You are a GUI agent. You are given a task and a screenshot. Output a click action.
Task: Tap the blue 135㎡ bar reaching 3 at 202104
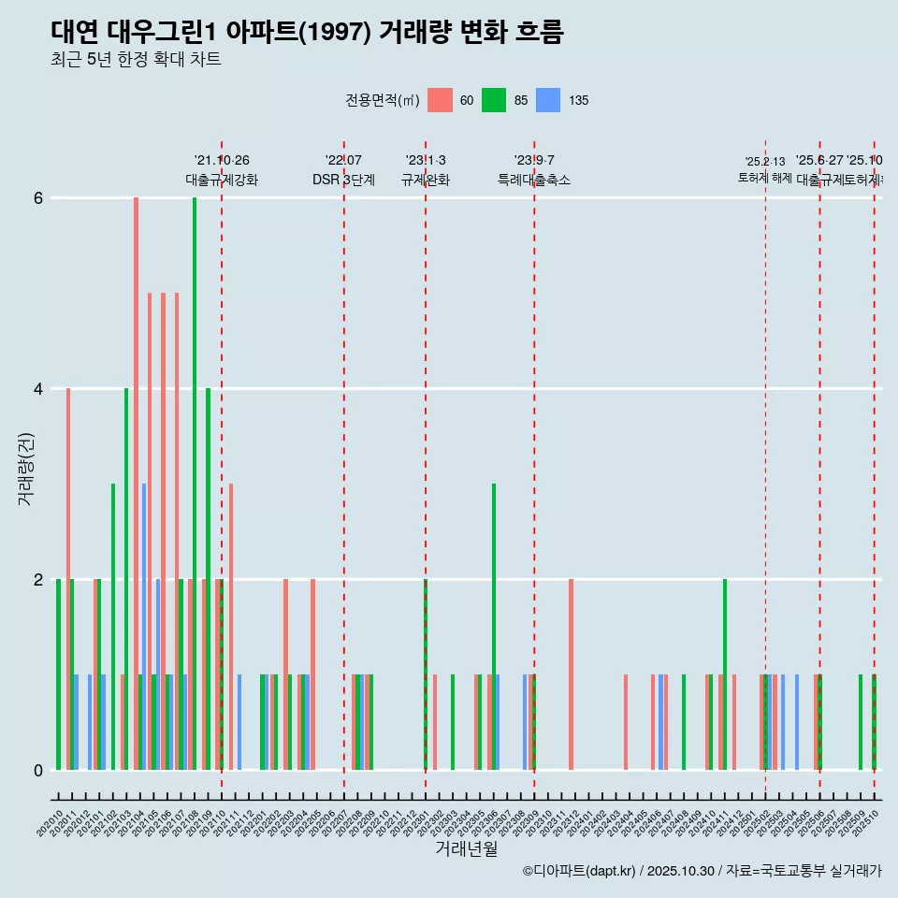[144, 627]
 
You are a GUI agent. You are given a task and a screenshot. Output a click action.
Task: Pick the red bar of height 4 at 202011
[68, 580]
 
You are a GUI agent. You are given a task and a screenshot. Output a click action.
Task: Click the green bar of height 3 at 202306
[494, 627]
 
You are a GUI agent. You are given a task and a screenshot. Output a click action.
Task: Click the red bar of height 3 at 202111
[231, 627]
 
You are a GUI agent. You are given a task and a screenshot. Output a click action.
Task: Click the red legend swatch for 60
[440, 100]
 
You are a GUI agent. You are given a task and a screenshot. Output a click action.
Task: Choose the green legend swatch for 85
[494, 100]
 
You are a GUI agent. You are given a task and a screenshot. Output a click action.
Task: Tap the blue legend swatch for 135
[548, 100]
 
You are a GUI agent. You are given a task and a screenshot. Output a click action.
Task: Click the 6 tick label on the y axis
[38, 197]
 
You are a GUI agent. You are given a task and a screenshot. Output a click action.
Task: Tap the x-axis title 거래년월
[466, 848]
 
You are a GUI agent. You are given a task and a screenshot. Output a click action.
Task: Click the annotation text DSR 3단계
[343, 180]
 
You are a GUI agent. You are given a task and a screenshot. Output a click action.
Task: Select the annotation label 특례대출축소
[533, 180]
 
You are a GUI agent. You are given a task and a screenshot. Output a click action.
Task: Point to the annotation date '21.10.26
[222, 160]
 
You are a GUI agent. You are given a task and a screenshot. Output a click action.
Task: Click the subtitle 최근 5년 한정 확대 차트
[136, 60]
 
